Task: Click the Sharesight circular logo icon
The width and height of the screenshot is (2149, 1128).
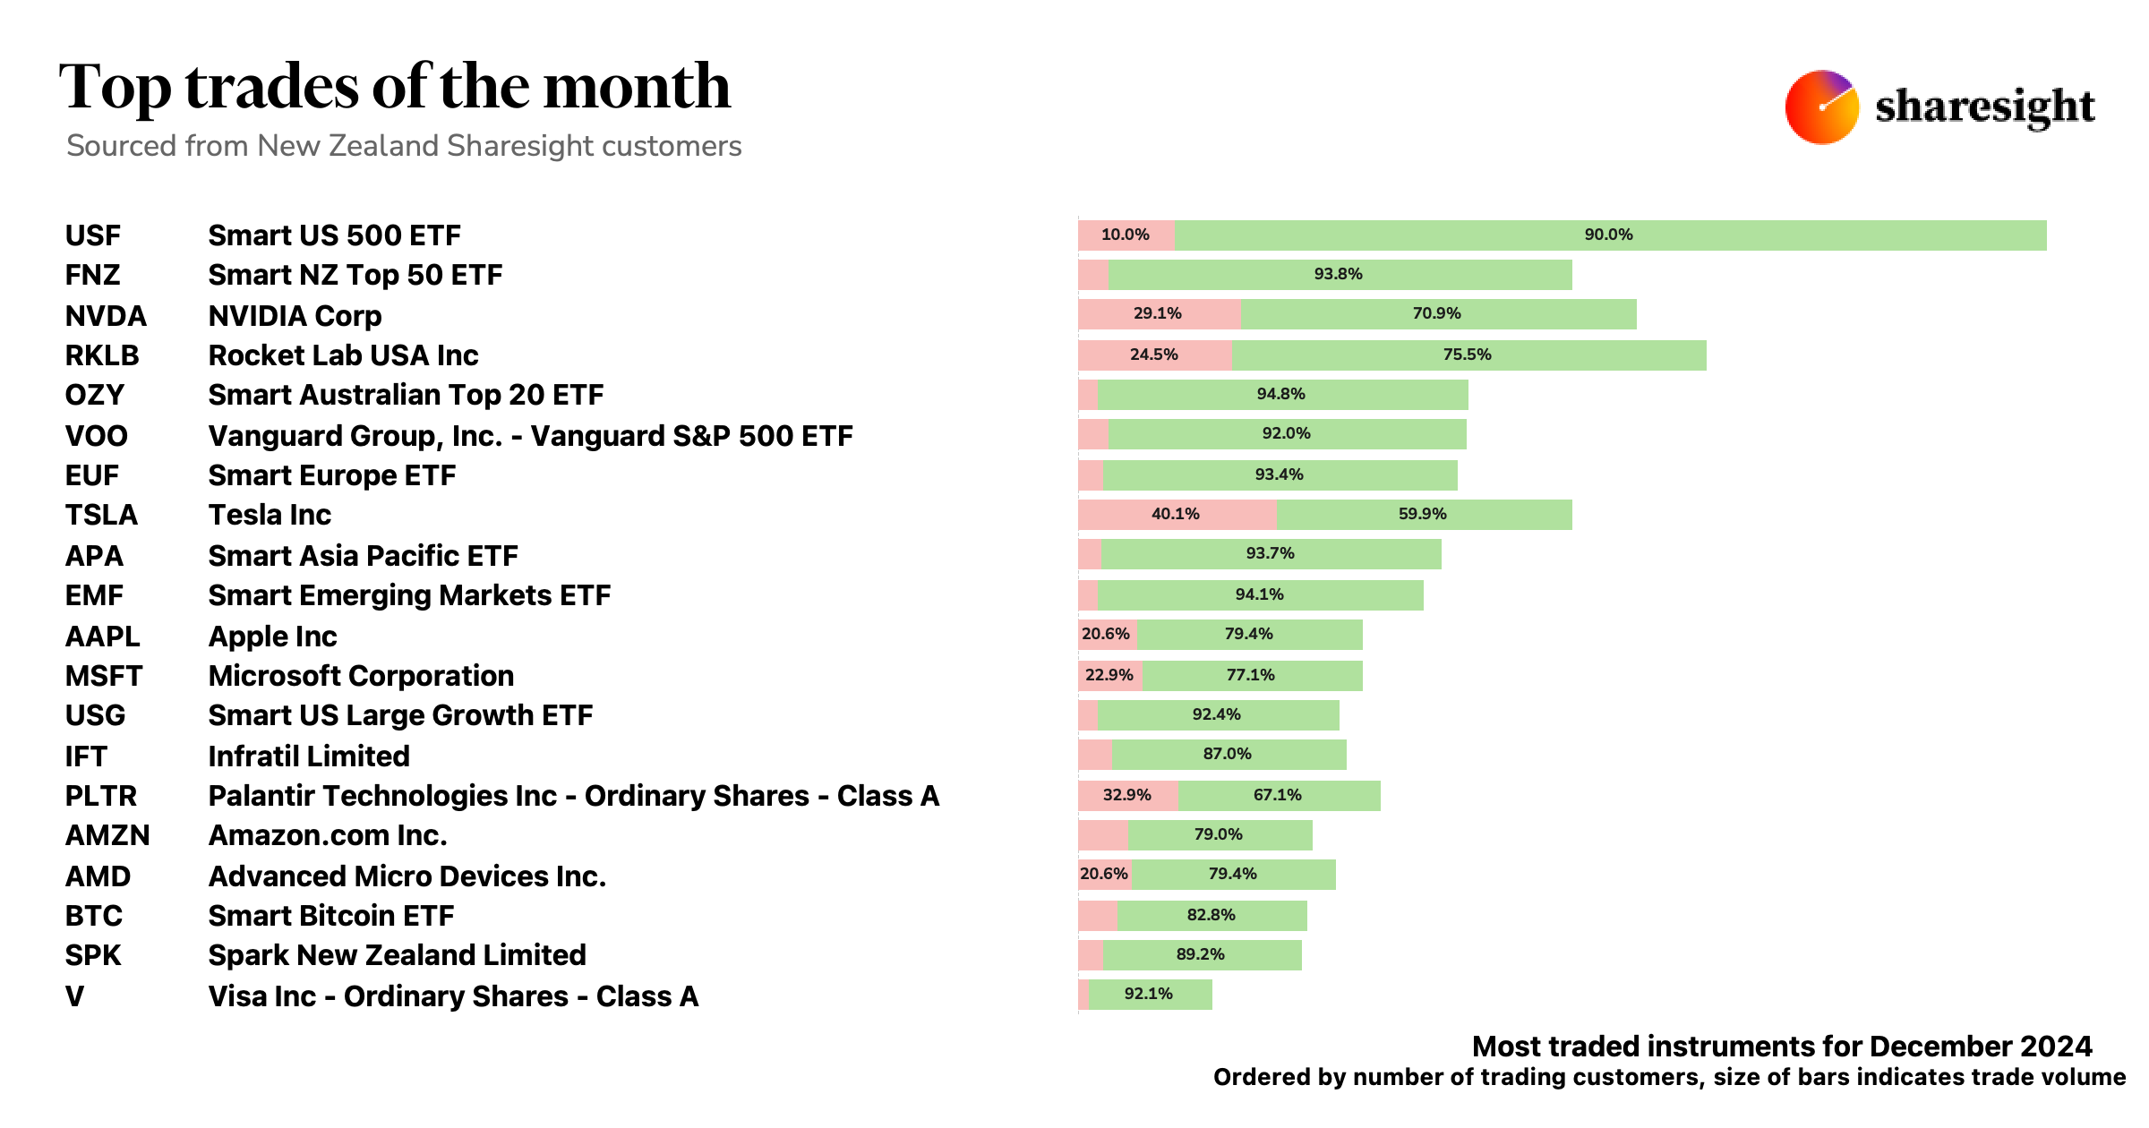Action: point(1821,107)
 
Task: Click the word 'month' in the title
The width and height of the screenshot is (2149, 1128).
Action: point(637,87)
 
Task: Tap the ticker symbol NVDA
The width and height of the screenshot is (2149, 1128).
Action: point(106,316)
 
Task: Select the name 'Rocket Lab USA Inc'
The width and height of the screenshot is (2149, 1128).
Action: point(343,355)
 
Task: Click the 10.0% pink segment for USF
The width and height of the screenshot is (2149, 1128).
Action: point(1126,235)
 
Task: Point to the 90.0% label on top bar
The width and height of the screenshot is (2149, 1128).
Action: point(1608,235)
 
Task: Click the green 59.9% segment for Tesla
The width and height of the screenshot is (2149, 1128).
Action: point(1424,515)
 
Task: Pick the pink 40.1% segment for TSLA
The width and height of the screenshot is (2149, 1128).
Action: point(1177,515)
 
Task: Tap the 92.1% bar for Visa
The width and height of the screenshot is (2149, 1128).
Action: point(1150,995)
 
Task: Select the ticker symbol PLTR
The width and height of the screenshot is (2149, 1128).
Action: point(101,796)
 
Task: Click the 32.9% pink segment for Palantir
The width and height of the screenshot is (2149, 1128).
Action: point(1127,796)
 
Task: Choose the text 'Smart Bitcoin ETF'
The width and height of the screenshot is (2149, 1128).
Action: point(330,916)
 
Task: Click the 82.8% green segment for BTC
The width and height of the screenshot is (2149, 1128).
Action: point(1211,916)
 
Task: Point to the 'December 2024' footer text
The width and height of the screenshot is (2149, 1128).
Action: point(1981,1047)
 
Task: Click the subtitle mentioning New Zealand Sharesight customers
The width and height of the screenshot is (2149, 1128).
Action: point(404,146)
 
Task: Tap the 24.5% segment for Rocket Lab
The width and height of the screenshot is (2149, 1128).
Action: point(1154,355)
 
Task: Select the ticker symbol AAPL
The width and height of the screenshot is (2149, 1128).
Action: point(103,637)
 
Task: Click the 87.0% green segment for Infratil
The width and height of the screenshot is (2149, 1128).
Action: point(1228,755)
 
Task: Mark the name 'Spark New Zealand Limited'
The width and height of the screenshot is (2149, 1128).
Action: point(397,955)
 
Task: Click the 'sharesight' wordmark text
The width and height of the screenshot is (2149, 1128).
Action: point(1984,107)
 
